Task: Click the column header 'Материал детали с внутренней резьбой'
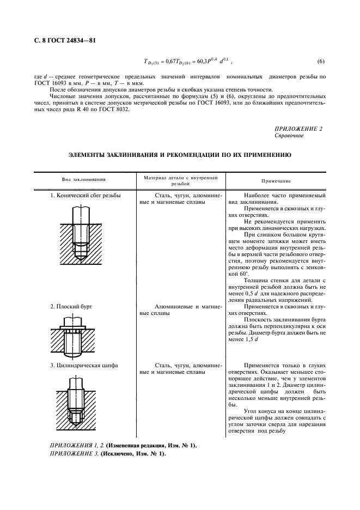coord(180,180)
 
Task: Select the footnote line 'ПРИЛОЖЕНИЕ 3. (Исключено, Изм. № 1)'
coord(108,454)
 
